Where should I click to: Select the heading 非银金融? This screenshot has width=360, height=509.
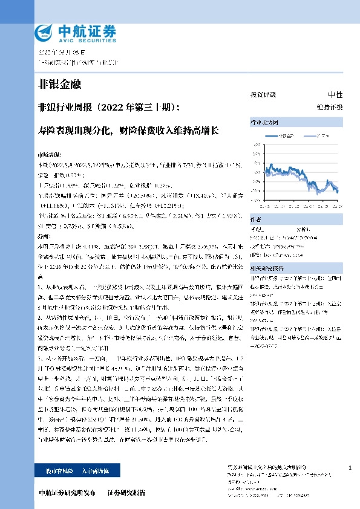click(x=59, y=84)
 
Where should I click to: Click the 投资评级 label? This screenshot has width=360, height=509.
click(x=263, y=95)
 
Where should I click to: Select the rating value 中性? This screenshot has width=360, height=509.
click(x=335, y=95)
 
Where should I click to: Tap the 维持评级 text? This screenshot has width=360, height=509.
click(x=333, y=106)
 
